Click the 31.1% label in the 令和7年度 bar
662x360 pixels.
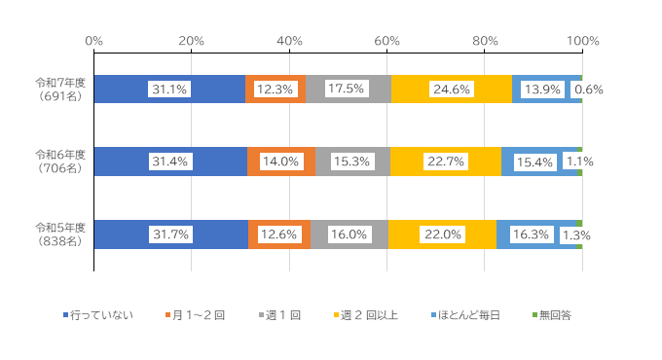tap(169, 90)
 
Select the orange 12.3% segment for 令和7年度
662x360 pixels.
tap(275, 90)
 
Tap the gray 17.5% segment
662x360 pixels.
tap(347, 90)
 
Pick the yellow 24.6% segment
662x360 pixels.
tap(451, 90)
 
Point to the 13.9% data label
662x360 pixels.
tap(541, 90)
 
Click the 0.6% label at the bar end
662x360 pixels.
tap(589, 90)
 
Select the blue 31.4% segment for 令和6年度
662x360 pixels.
tap(170, 162)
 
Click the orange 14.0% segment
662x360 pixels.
tap(280, 162)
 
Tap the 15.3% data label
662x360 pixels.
tap(352, 162)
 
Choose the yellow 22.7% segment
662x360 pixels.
tap(445, 162)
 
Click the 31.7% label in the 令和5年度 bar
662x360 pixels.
tap(170, 234)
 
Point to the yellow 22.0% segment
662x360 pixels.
tap(442, 234)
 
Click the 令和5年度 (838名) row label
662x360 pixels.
tap(60, 234)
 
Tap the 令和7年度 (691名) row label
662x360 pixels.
tap(60, 90)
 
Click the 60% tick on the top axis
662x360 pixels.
tap(387, 41)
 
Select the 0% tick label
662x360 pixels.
tap(94, 41)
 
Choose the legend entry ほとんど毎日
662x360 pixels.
tap(468, 314)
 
